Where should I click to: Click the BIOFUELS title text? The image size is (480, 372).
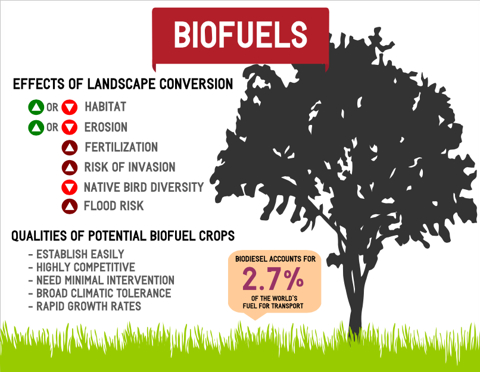(240, 35)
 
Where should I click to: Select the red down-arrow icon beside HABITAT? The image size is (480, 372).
(70, 108)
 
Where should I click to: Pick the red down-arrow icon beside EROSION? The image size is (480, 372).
(70, 127)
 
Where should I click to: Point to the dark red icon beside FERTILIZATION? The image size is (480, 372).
(70, 148)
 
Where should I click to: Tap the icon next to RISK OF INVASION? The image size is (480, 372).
(70, 167)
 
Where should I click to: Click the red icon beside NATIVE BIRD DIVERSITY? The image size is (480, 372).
(70, 187)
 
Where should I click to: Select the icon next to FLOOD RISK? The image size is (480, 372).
(70, 207)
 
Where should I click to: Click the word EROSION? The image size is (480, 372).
(106, 127)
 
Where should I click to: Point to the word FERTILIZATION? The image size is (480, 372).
(121, 147)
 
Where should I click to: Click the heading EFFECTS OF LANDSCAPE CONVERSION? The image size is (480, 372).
(123, 84)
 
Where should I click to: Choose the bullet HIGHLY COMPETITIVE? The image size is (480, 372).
(82, 267)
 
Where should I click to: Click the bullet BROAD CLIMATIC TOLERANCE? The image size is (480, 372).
(99, 293)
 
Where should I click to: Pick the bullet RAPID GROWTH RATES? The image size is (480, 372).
(85, 307)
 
